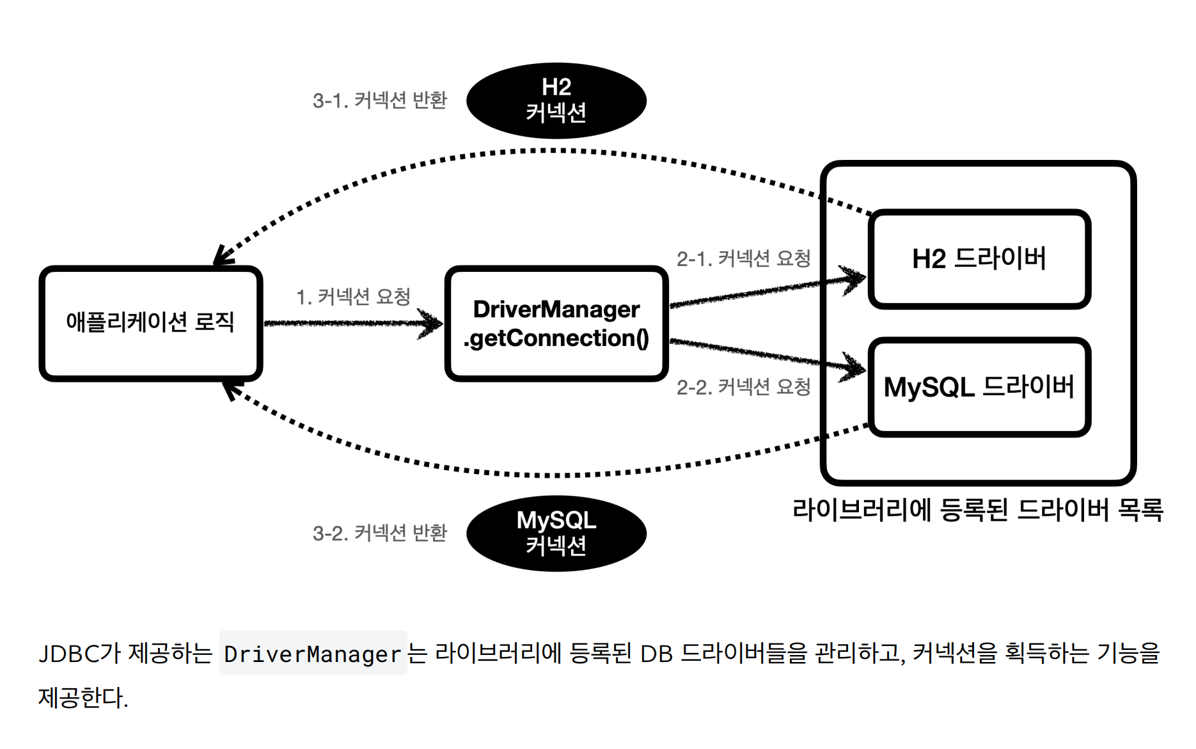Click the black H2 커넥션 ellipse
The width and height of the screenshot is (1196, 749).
[556, 100]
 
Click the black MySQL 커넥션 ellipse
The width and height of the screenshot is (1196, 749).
[556, 533]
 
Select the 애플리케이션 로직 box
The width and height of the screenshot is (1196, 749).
[150, 323]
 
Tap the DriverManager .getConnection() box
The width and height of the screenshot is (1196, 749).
[556, 324]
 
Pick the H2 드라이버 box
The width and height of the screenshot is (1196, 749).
[979, 259]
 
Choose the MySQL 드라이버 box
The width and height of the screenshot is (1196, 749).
[979, 387]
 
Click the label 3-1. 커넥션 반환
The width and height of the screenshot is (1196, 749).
[379, 100]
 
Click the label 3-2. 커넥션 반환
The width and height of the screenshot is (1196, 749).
[379, 533]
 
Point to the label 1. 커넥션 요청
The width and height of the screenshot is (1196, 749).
[352, 297]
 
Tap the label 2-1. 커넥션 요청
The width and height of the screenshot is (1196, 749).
[743, 258]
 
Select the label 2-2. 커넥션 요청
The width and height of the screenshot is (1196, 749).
[743, 387]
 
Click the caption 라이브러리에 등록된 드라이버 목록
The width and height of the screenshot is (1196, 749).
[977, 510]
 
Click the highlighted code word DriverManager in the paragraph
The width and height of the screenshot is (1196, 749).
[312, 654]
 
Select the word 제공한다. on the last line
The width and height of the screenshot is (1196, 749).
[83, 698]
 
